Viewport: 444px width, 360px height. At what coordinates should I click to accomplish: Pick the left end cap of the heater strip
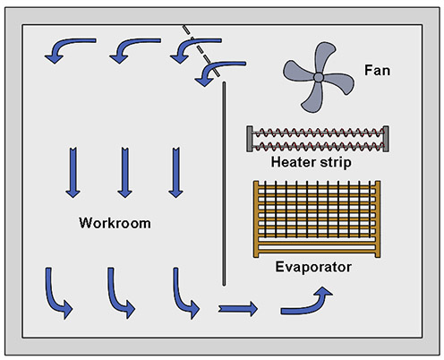[x=251, y=138]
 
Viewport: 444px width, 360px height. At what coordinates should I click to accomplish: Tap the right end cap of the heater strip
[x=387, y=138]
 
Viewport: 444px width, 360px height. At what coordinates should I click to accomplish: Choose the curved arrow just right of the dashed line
[x=218, y=70]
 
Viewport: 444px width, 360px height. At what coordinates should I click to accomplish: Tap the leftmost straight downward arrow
[x=71, y=173]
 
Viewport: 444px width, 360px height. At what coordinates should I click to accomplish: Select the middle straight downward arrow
[x=124, y=173]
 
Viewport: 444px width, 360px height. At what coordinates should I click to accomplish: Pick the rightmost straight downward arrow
[x=175, y=173]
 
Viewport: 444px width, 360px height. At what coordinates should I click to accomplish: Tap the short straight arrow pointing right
[x=237, y=309]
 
